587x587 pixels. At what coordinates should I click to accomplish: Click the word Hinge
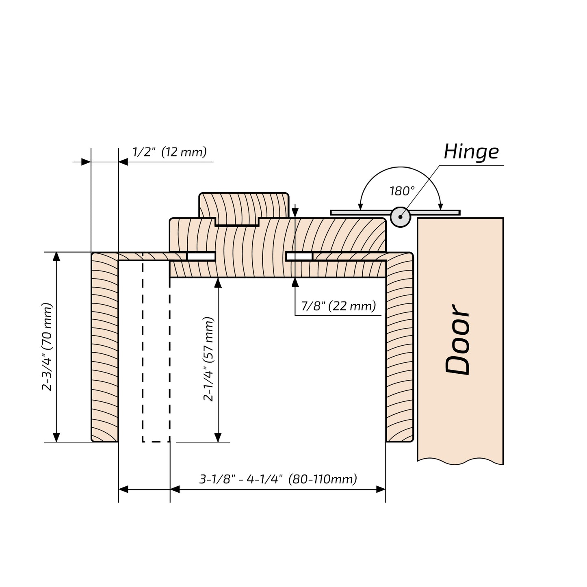click(471, 152)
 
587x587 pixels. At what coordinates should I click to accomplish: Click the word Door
click(458, 340)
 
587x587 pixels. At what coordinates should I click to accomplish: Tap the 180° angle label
click(402, 191)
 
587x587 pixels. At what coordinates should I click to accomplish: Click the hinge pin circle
click(401, 217)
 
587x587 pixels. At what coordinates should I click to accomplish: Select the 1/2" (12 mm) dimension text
click(169, 152)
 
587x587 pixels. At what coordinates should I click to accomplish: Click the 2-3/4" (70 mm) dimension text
click(47, 347)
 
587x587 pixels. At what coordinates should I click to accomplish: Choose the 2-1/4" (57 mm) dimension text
click(208, 360)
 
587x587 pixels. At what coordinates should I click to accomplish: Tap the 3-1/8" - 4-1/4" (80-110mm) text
click(278, 479)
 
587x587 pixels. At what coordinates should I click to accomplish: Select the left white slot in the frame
click(201, 256)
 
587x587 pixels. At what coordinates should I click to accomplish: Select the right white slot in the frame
click(300, 256)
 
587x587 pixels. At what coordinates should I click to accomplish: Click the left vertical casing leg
click(104, 349)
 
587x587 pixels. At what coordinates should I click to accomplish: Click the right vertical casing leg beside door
click(399, 349)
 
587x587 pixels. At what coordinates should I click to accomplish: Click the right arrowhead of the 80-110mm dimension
click(381, 489)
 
